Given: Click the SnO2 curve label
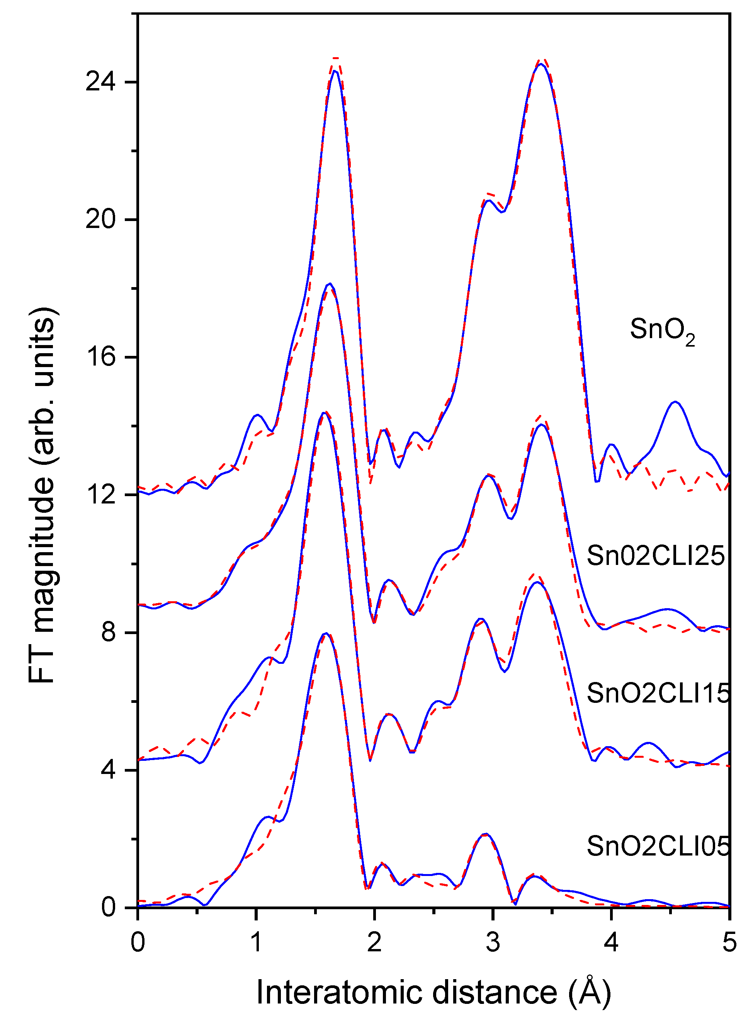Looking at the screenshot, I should [662, 330].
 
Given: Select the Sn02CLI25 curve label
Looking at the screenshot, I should [655, 556].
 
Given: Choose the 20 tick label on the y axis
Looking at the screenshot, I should [100, 220].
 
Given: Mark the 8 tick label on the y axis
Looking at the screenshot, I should [109, 633].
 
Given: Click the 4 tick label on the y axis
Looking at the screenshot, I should [109, 770].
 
